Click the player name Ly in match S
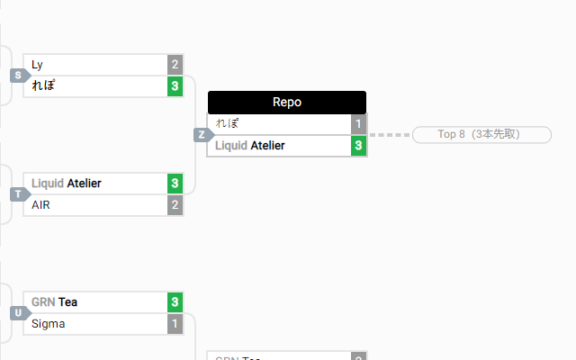coord(37,65)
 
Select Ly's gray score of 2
coord(175,65)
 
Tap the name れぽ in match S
coord(44,86)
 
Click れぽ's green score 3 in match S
coord(175,86)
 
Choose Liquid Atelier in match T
coord(67,184)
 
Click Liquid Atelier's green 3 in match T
coord(175,184)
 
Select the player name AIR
coord(40,205)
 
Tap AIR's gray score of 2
coord(175,205)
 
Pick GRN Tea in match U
coord(54,302)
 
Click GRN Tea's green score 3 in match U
coord(175,302)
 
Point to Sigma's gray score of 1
coord(175,323)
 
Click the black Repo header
coord(286,103)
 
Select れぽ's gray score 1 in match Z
coord(358,124)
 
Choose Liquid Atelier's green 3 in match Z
coord(358,145)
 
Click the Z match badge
coord(202,135)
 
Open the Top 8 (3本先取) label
coord(481,135)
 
